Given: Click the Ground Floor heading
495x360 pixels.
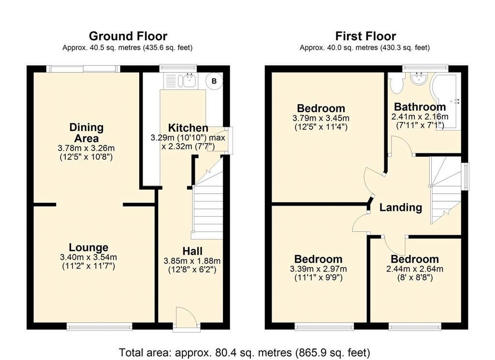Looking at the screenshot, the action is [128, 36].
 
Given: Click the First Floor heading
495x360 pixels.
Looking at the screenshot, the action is [365, 36].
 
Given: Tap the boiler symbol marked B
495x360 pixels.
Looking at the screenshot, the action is [214, 81].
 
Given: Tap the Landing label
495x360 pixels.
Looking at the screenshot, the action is [401, 208].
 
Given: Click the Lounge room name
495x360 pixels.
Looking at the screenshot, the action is [88, 247].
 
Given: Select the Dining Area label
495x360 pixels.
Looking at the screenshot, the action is [87, 133].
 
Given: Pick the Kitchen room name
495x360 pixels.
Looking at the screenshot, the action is [188, 128].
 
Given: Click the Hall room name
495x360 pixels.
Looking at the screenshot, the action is [192, 251].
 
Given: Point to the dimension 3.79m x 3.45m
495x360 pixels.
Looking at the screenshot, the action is [321, 118].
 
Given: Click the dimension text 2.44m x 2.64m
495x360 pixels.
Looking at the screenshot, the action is [414, 270].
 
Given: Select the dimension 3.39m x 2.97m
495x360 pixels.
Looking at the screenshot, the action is [318, 270].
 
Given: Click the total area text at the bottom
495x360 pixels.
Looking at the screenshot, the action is [244, 352].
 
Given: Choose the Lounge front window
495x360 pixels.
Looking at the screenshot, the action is [99, 327].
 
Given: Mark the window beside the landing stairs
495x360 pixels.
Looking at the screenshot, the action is [465, 176].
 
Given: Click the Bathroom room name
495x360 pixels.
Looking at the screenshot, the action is [420, 106].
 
